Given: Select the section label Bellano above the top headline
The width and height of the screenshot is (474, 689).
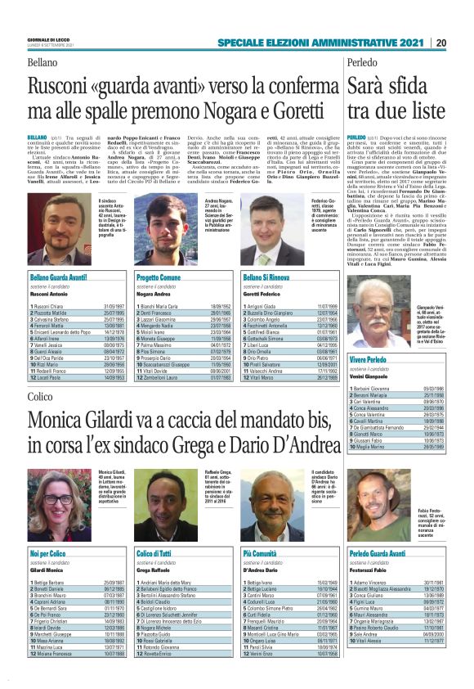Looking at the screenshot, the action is coord(42,63).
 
